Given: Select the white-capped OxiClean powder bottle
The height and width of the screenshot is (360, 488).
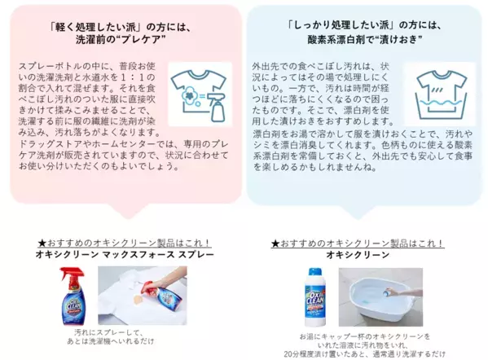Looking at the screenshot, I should click(314, 296).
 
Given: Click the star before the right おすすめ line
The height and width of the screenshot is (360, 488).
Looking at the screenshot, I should click(275, 242).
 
